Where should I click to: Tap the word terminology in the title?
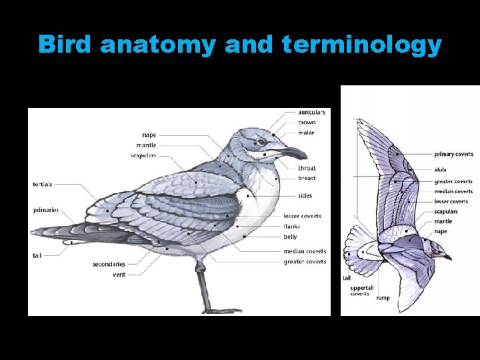361,45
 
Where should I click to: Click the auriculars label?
312,112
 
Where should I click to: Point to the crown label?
307,123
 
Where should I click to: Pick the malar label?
306,133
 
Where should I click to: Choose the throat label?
307,168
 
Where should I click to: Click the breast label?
307,178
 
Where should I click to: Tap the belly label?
291,237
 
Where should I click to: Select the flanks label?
292,227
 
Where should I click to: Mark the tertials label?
43,184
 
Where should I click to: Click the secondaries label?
109,265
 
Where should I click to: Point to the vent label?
119,275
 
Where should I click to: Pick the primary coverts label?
454,154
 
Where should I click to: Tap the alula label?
441,170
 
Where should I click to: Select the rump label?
383,298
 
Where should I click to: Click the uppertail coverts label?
360,291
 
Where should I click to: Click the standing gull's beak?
293,153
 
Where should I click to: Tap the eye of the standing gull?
262,141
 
